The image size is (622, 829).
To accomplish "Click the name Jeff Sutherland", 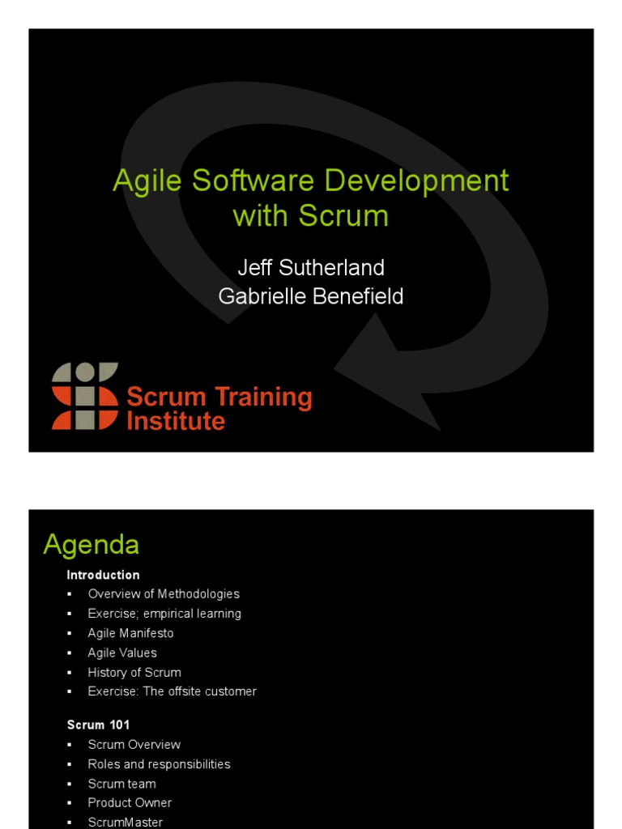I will point(311,267).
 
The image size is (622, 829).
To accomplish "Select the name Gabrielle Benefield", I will point(311,296).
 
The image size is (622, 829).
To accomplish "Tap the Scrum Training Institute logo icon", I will point(85,396).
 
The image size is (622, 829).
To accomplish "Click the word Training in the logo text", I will point(263,397).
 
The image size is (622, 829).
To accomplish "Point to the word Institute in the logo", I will point(176,421).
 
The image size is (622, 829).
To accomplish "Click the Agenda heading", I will point(91,545).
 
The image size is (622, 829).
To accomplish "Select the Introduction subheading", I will point(103,575).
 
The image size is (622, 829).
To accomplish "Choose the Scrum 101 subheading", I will point(98,725).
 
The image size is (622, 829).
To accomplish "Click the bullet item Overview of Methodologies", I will point(164,594).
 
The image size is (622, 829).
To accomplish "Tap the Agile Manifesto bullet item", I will point(130,633).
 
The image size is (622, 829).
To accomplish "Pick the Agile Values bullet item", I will point(122,653).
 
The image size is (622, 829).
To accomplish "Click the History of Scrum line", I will point(134,672).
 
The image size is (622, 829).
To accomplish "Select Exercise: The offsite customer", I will point(172,691).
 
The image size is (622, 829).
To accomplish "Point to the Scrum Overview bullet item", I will point(134,745).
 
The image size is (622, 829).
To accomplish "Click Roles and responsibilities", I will point(159,764).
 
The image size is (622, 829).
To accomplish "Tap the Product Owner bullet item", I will point(130,803).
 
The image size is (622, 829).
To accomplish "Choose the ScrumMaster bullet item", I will point(126,822).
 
